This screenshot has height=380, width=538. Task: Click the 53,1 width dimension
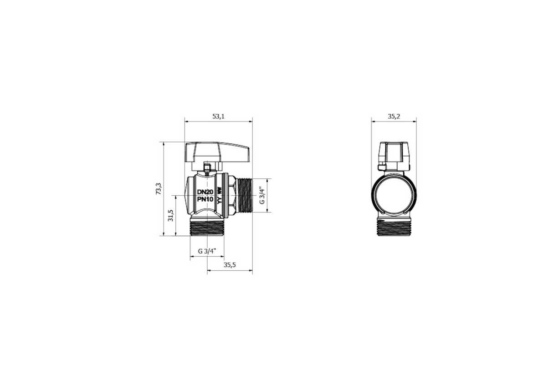coord(218,116)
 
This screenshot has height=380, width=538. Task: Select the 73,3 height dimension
coord(158,189)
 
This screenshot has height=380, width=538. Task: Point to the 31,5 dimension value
coord(170,216)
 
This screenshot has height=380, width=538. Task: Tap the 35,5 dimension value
coord(230,264)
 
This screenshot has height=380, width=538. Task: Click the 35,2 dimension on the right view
coord(394,116)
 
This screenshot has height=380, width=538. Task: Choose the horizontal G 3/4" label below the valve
coord(207,250)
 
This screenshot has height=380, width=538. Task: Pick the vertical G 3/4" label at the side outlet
coord(262,196)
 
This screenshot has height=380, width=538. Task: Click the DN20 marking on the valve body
coord(205,192)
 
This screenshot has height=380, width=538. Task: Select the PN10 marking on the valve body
coord(205,199)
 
